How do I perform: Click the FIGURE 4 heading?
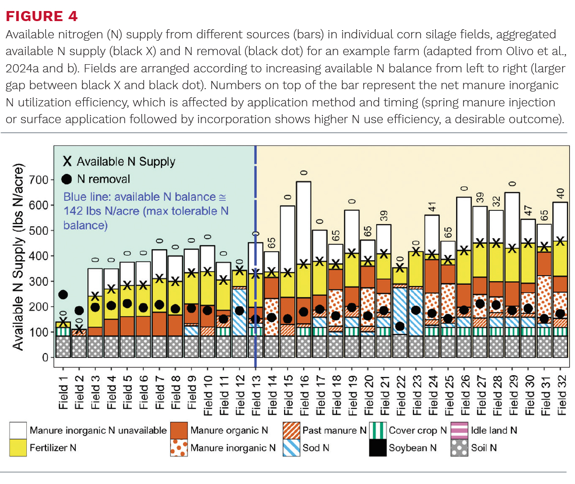click(x=42, y=16)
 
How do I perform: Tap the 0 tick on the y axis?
click(x=45, y=357)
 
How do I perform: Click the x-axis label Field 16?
click(x=304, y=395)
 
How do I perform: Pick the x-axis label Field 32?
click(x=561, y=395)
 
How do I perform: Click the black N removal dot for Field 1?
click(x=63, y=295)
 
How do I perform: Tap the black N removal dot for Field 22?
click(x=400, y=326)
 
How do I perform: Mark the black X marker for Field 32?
click(x=561, y=241)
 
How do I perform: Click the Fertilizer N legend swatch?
click(x=18, y=448)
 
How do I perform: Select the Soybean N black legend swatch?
click(x=378, y=448)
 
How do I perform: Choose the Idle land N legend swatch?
click(x=460, y=430)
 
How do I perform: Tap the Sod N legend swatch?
click(x=291, y=448)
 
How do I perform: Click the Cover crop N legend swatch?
click(x=378, y=430)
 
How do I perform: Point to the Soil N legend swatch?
click(x=460, y=448)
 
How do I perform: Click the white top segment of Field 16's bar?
click(x=304, y=223)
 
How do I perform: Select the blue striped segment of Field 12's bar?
click(x=240, y=312)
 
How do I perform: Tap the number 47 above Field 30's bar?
click(x=528, y=211)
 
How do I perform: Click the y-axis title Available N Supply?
click(x=18, y=257)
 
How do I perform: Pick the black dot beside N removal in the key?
click(x=67, y=179)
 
